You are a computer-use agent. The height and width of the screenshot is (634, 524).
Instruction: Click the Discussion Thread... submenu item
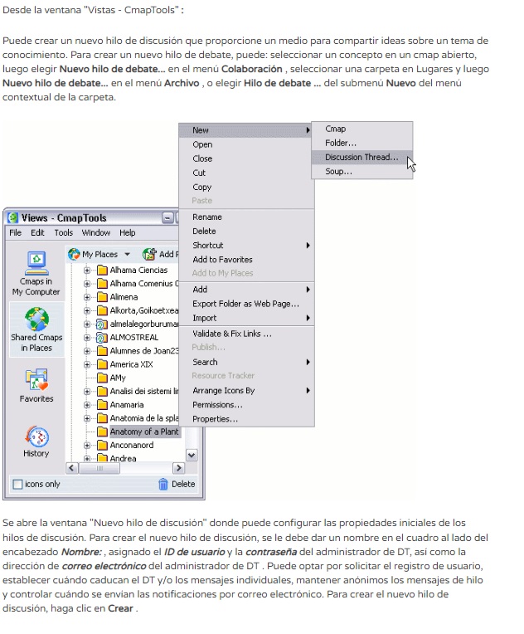tap(361, 157)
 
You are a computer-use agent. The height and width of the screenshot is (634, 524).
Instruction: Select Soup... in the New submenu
tap(338, 171)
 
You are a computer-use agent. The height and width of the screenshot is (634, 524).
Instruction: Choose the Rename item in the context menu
tap(207, 217)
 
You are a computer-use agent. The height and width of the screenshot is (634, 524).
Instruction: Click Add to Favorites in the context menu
tap(222, 260)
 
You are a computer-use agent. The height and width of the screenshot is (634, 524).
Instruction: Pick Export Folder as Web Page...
tap(245, 304)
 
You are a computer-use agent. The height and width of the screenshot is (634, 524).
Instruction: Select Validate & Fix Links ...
tap(231, 334)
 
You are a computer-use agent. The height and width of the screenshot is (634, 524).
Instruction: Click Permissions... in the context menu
tap(217, 405)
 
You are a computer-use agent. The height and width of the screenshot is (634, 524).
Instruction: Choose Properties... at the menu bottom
tap(215, 419)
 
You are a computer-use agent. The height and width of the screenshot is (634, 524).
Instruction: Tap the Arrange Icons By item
tap(223, 391)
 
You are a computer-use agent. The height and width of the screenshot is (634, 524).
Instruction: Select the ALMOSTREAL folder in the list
tap(133, 338)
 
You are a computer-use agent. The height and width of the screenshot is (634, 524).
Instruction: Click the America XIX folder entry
tap(131, 364)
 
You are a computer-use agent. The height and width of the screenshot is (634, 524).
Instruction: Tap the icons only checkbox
tap(17, 484)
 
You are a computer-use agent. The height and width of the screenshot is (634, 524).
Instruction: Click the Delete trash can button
tap(176, 484)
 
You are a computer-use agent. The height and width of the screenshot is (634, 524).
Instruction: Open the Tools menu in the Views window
tap(64, 233)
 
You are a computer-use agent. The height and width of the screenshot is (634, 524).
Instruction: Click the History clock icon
tap(36, 436)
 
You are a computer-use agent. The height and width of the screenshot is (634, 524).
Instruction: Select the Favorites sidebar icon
tap(36, 380)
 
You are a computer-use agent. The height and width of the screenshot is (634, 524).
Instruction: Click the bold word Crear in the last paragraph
tap(121, 608)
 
